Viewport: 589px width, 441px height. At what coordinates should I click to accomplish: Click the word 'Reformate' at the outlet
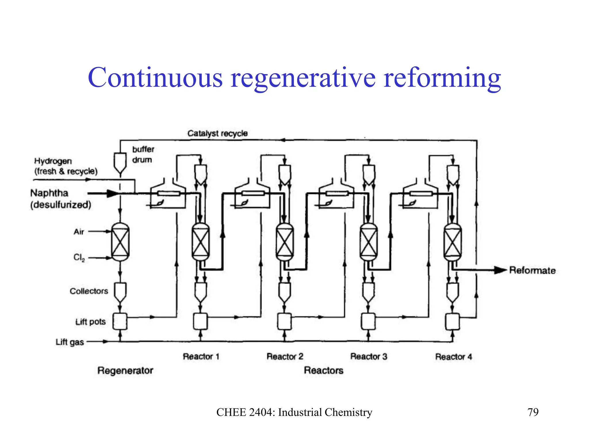click(x=532, y=270)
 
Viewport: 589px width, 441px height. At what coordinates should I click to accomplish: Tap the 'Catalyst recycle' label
click(x=217, y=134)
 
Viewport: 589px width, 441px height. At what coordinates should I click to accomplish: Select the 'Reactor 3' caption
click(x=369, y=357)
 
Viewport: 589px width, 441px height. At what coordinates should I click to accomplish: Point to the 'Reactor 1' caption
click(x=201, y=357)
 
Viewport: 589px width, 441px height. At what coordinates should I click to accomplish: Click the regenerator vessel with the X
click(x=120, y=242)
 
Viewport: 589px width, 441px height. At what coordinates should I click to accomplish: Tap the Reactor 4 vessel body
click(x=453, y=242)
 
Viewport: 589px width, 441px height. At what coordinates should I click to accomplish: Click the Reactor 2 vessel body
click(x=285, y=242)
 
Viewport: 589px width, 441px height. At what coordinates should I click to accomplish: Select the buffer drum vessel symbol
click(x=120, y=163)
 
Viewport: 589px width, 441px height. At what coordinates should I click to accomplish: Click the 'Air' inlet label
click(x=79, y=232)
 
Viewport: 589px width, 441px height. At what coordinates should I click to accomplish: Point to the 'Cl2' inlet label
click(x=79, y=258)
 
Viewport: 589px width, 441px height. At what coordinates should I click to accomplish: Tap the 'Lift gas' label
click(x=70, y=342)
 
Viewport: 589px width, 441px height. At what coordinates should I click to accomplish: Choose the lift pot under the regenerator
click(x=120, y=321)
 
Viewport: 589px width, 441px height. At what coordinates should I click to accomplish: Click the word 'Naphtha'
click(x=49, y=193)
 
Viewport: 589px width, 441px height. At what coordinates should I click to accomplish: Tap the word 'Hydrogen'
click(x=53, y=161)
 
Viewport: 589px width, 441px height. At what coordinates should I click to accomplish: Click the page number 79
click(x=533, y=412)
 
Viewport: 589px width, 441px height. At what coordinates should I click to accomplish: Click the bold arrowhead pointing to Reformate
click(x=500, y=270)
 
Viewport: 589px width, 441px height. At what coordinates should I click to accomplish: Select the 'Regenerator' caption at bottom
click(x=125, y=371)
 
